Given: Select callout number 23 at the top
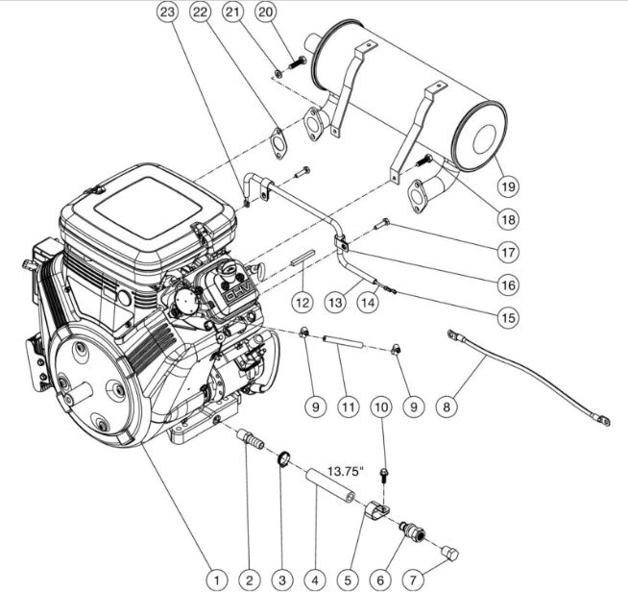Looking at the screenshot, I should tap(168, 12).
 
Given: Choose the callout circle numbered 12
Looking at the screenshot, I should tap(302, 302).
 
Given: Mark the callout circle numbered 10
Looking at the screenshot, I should tap(381, 407).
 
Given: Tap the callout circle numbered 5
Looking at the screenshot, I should tap(347, 579).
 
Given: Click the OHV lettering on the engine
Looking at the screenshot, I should tap(237, 287).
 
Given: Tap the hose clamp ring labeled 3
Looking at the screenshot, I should tap(285, 459).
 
